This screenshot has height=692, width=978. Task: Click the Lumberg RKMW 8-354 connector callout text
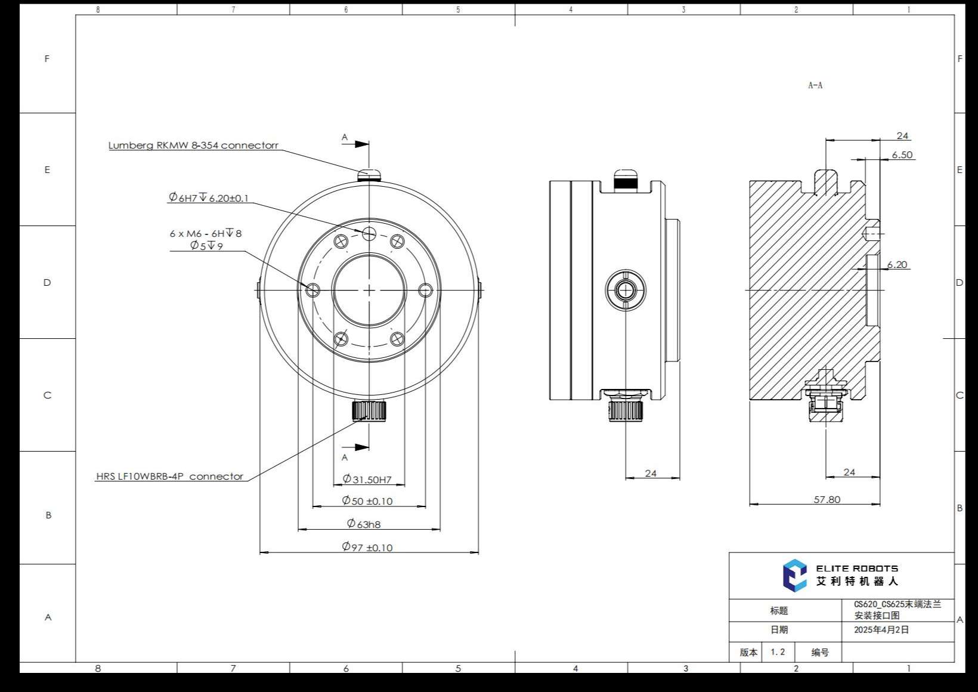193,145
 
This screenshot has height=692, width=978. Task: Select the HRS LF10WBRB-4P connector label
170,476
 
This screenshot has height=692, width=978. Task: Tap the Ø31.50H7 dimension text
367,479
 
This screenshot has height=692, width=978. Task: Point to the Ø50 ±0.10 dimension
367,501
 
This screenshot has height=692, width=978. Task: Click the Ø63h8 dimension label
364,524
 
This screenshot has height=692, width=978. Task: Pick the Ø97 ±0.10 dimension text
367,547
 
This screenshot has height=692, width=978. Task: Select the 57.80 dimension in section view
827,499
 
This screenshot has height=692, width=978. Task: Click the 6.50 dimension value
902,155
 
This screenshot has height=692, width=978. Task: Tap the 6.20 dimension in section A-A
896,264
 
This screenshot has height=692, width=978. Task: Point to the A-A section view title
815,85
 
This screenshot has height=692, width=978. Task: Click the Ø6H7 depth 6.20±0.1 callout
208,197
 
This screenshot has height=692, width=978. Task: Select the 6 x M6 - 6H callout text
206,233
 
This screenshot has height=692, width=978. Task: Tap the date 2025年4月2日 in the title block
881,629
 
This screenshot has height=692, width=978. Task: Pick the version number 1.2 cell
778,652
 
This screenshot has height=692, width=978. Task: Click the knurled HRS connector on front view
369,410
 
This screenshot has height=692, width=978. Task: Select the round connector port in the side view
625,291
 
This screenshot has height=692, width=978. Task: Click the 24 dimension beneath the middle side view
651,473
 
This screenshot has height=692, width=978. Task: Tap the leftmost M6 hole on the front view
312,291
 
